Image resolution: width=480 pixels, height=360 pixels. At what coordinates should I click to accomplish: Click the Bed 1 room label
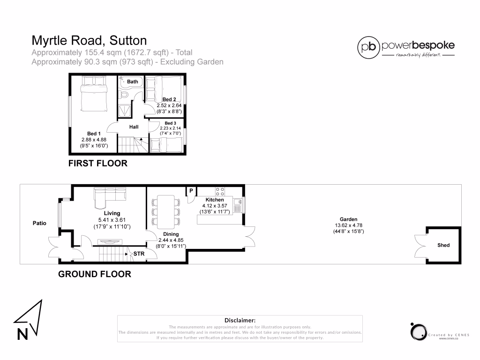(94, 134)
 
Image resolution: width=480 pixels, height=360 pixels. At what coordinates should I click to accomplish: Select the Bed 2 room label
(169, 99)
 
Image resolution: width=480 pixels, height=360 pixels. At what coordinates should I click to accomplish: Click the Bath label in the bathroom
(133, 82)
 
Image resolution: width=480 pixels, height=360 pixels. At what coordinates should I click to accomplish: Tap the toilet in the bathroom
(125, 94)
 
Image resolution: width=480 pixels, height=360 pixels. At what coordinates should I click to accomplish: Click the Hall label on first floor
(134, 127)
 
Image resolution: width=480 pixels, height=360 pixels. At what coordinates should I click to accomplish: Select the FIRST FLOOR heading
(97, 164)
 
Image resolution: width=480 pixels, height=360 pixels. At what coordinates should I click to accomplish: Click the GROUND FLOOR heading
(94, 274)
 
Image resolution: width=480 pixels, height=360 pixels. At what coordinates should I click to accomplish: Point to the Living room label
(112, 213)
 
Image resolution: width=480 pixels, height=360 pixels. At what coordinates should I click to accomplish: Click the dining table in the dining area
(165, 211)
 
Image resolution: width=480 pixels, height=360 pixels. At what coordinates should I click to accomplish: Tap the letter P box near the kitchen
(191, 190)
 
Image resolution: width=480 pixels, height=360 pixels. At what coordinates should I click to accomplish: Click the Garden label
(348, 219)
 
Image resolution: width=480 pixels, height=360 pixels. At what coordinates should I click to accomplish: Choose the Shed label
(443, 245)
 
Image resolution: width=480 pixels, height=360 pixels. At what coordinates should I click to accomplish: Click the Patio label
(39, 223)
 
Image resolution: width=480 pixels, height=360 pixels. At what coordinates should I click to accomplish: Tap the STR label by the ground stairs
(139, 254)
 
